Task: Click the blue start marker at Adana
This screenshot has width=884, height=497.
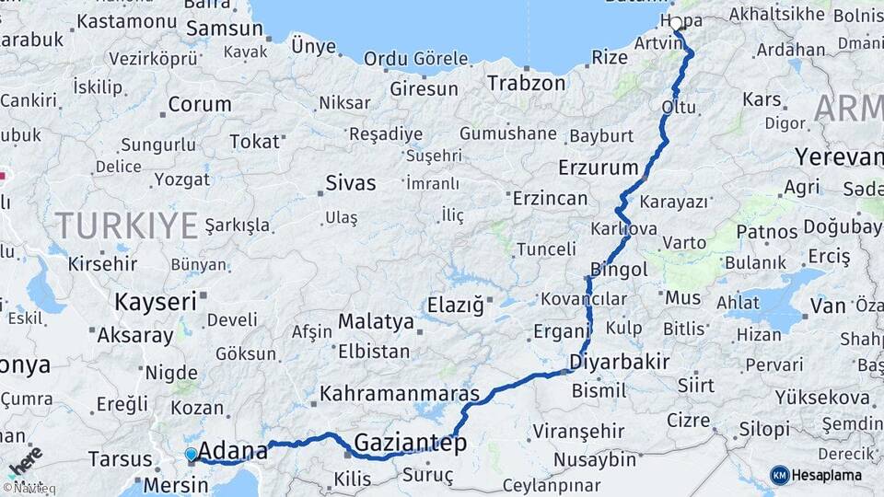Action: (x=191, y=454)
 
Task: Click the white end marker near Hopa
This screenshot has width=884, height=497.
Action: (x=676, y=24)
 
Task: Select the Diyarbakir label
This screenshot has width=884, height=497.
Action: (x=619, y=361)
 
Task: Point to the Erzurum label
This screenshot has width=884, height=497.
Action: (x=598, y=168)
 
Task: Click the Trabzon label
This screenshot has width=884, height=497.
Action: (x=526, y=83)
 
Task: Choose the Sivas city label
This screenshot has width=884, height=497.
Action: (x=350, y=183)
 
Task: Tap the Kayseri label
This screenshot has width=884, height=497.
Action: (x=156, y=301)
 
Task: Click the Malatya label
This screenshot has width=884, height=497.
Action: (x=376, y=321)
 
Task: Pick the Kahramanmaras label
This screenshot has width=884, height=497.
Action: (x=400, y=394)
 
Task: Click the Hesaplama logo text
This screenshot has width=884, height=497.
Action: (x=827, y=475)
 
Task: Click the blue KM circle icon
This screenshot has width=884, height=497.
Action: (x=780, y=475)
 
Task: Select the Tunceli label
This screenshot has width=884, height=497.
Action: (x=546, y=249)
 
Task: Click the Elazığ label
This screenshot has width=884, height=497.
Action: (x=455, y=306)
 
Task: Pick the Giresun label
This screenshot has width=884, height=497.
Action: (x=424, y=89)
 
